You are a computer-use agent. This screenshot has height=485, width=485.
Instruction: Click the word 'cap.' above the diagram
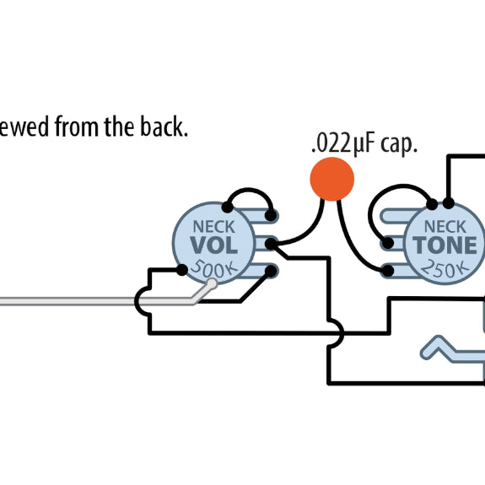398,143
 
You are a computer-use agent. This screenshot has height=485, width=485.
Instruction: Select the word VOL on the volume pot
213,245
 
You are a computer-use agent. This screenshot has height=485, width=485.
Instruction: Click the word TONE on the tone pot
445,245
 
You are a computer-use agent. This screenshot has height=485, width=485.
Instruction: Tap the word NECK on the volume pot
213,227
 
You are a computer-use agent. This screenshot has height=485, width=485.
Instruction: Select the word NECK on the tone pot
445,226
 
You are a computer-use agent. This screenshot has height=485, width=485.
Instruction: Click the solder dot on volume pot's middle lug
271,245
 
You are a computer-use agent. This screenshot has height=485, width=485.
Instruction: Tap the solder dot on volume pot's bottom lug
270,271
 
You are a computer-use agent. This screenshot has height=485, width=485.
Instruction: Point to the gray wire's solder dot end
212,283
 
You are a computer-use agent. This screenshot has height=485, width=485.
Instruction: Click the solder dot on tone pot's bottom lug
388,270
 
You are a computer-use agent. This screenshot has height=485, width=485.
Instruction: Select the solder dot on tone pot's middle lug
388,244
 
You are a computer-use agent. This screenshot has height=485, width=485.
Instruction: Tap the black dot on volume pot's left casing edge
181,270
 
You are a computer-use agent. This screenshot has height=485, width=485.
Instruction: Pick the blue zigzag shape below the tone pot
447,348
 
